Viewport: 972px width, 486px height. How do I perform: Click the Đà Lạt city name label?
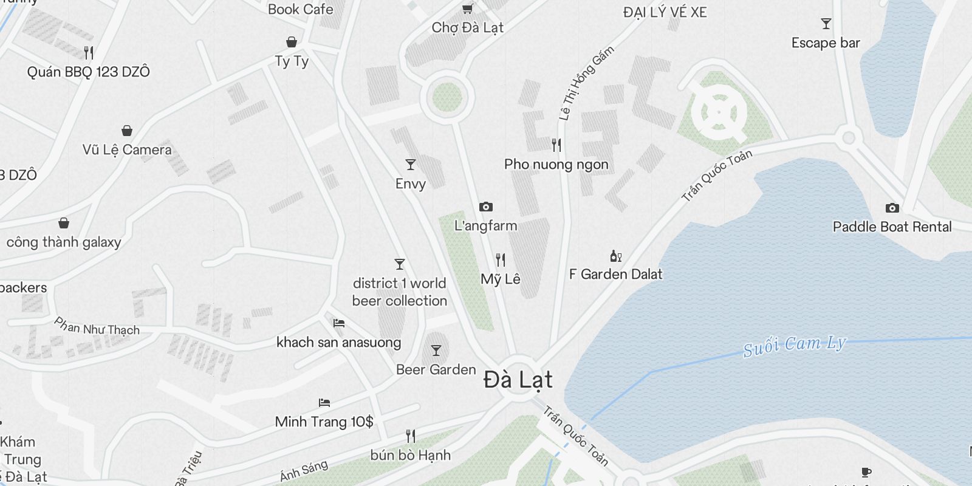pyautogui.click(x=518, y=380)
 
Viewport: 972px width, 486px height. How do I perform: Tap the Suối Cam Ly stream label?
pyautogui.click(x=794, y=345)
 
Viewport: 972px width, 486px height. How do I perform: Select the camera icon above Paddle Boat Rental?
pyautogui.click(x=892, y=208)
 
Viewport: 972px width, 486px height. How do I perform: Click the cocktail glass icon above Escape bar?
pyautogui.click(x=826, y=24)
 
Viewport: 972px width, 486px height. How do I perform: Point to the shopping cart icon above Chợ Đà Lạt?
pyautogui.click(x=467, y=9)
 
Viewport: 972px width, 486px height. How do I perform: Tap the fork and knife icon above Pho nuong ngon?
pyautogui.click(x=556, y=145)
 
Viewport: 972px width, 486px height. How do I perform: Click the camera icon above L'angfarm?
pyautogui.click(x=485, y=207)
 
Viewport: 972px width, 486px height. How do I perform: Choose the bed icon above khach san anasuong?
pyautogui.click(x=339, y=323)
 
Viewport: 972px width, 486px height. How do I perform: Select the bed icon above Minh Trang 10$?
pyautogui.click(x=324, y=402)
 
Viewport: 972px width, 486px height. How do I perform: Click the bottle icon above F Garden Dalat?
pyautogui.click(x=615, y=256)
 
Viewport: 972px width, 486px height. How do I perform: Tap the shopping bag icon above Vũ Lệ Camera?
pyautogui.click(x=127, y=131)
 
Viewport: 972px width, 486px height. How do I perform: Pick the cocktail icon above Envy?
pyautogui.click(x=411, y=165)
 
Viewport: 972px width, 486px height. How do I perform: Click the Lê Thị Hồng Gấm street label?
pyautogui.click(x=586, y=83)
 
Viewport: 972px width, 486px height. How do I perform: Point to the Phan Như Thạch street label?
pyautogui.click(x=97, y=326)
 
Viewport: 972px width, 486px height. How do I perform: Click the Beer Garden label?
pyautogui.click(x=436, y=369)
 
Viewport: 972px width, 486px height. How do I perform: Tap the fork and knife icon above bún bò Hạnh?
pyautogui.click(x=411, y=436)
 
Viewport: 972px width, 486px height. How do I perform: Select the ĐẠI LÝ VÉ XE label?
pyautogui.click(x=665, y=12)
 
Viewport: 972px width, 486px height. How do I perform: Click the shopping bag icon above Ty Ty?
pyautogui.click(x=292, y=42)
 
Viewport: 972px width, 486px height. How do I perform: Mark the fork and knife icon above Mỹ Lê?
pyautogui.click(x=501, y=260)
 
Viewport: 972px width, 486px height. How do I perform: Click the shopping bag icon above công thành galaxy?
pyautogui.click(x=64, y=223)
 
